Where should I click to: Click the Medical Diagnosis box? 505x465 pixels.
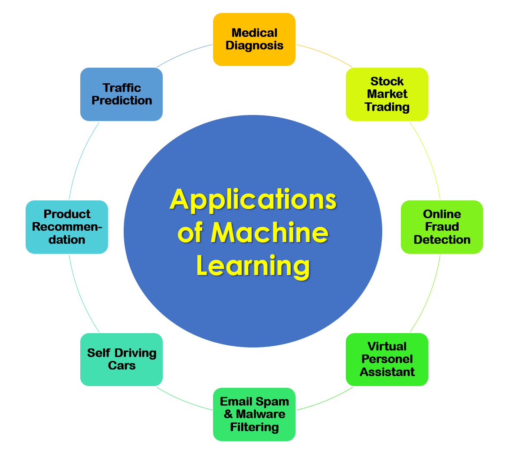point(254,39)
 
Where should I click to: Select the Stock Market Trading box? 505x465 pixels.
point(387,94)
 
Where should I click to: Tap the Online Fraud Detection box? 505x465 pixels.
point(442,227)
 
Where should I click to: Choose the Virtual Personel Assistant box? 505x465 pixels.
point(387,360)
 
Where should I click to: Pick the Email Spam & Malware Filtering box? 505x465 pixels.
point(254,414)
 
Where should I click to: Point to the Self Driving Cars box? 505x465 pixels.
point(121,360)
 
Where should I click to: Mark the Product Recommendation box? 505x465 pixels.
point(67,227)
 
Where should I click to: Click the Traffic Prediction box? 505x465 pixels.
point(121,94)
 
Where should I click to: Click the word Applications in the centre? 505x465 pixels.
point(253,200)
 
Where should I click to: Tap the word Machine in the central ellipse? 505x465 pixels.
point(269,232)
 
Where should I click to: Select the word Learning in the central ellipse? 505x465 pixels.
point(253,265)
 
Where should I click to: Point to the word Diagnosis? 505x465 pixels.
point(254,46)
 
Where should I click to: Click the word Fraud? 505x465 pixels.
point(442,227)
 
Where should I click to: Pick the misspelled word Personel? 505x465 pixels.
point(387,359)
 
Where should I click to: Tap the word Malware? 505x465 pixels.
point(260,414)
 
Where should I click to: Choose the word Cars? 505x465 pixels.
point(121,366)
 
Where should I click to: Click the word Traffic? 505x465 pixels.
point(122,88)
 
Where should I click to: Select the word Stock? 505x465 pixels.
point(387,82)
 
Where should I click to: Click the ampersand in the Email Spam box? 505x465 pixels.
point(228,414)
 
